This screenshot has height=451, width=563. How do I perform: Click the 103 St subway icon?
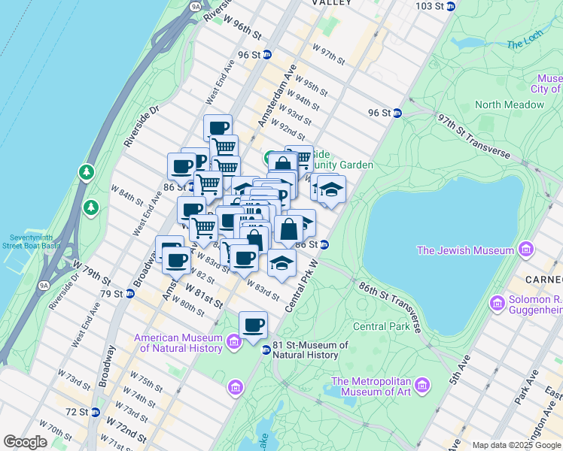[450, 6]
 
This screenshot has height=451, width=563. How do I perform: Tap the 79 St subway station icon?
[129, 293]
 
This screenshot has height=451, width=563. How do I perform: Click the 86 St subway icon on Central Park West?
[324, 244]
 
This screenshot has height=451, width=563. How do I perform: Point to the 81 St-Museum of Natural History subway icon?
[265, 350]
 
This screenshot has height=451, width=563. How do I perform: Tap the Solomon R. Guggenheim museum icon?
[496, 304]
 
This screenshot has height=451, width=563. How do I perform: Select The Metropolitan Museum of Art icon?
[422, 386]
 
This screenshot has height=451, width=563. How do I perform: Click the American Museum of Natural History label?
[178, 343]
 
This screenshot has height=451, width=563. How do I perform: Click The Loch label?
[525, 44]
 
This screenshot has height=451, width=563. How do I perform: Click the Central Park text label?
[382, 326]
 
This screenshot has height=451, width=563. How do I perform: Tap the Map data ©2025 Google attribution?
[516, 445]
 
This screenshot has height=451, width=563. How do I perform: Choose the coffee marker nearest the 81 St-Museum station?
[253, 325]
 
